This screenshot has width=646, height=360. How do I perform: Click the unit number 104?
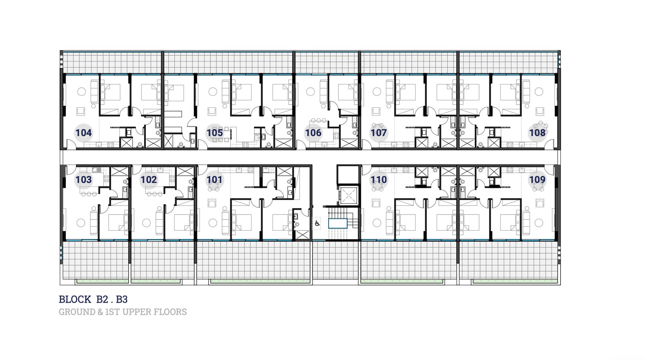click(83, 133)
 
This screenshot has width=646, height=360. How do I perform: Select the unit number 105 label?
click(214, 133)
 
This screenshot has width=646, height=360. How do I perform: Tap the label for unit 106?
click(313, 133)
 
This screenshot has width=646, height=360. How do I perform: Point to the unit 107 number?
click(378, 133)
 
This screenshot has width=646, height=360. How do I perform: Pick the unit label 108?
click(537, 133)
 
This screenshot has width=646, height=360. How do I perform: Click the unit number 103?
click(83, 179)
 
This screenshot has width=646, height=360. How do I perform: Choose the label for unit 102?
click(149, 179)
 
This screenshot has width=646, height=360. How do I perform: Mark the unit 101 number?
click(214, 179)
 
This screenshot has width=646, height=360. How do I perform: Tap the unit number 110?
click(378, 179)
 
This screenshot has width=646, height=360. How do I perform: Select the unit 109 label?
click(537, 179)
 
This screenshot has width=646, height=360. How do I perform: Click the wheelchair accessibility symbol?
click(317, 223)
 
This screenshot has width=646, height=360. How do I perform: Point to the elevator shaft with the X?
click(348, 196)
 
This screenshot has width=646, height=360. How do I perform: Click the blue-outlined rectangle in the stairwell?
click(338, 223)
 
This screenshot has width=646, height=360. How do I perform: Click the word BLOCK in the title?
click(75, 299)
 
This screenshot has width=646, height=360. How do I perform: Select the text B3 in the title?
click(122, 299)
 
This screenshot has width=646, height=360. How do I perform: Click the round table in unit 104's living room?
click(82, 92)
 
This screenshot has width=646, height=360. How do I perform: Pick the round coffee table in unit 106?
click(310, 92)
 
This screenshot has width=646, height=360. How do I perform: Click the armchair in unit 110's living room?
click(376, 203)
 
